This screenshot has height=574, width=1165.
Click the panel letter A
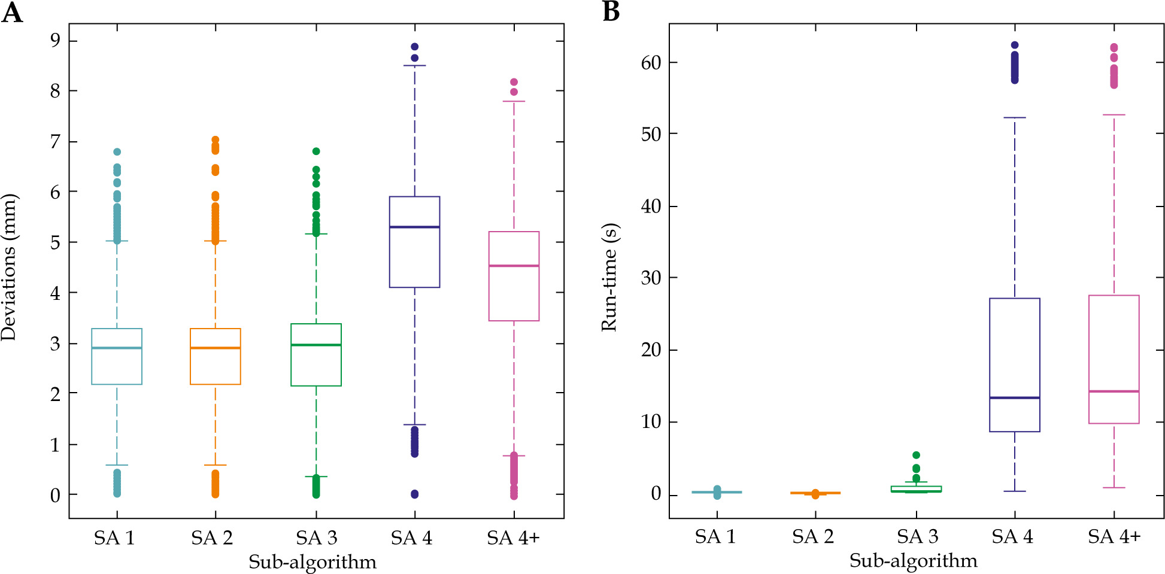click(x=12, y=12)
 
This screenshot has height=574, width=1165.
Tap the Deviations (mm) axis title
click(x=9, y=267)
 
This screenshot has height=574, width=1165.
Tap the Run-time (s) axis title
click(x=609, y=277)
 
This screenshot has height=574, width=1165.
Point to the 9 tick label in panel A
click(x=55, y=40)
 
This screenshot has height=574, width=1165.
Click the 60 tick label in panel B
click(x=651, y=62)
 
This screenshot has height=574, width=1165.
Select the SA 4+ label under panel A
click(x=513, y=538)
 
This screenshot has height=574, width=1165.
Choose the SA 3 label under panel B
click(x=917, y=536)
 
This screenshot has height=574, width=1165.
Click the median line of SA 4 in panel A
click(x=414, y=227)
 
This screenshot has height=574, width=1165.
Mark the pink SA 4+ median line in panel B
click(x=1114, y=391)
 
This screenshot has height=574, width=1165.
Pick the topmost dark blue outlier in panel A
click(x=414, y=47)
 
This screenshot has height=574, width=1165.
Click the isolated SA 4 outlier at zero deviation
click(x=414, y=494)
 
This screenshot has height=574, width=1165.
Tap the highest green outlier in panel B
click(x=916, y=455)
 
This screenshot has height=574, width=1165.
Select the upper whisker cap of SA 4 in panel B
click(x=1015, y=118)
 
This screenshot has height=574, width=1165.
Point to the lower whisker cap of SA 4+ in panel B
click(x=1114, y=488)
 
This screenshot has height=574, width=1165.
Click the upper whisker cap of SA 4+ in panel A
click(x=514, y=101)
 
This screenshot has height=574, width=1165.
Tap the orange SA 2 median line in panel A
click(x=216, y=348)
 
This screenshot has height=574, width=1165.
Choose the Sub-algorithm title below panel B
click(x=913, y=560)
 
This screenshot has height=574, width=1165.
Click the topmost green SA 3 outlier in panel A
click(x=316, y=151)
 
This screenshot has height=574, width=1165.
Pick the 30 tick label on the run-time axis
click(x=651, y=278)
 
